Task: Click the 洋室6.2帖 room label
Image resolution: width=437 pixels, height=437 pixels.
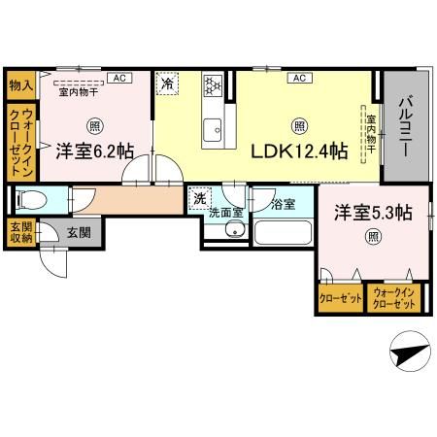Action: tap(94, 151)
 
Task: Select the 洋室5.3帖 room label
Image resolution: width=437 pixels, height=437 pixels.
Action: tap(373, 212)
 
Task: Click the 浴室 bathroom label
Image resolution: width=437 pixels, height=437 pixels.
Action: tap(283, 204)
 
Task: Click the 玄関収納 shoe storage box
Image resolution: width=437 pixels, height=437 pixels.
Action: tap(19, 235)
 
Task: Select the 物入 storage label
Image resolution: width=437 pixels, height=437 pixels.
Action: tap(20, 85)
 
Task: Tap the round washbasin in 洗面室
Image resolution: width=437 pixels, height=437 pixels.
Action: tap(233, 230)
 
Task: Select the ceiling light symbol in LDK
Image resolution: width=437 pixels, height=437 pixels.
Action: tap(300, 124)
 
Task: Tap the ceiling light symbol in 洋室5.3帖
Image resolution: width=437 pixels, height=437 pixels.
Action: tap(372, 235)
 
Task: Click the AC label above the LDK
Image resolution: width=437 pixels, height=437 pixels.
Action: tap(298, 78)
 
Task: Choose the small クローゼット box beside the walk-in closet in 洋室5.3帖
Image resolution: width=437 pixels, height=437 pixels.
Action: tap(339, 298)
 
